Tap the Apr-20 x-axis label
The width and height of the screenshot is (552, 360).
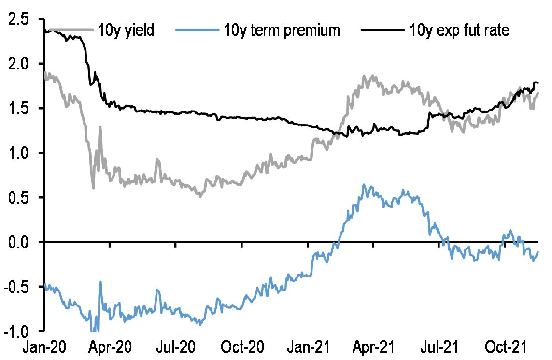(111, 347)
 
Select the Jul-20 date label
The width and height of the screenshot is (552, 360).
(175, 347)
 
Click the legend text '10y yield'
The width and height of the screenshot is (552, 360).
(126, 30)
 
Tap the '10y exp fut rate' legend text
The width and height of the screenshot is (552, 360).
(458, 30)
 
